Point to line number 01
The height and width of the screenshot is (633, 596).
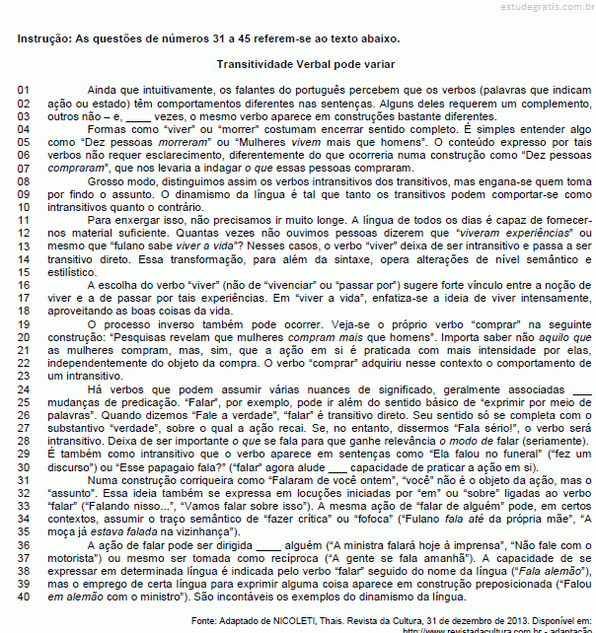(x=27, y=90)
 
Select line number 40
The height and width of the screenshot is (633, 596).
(x=27, y=597)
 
